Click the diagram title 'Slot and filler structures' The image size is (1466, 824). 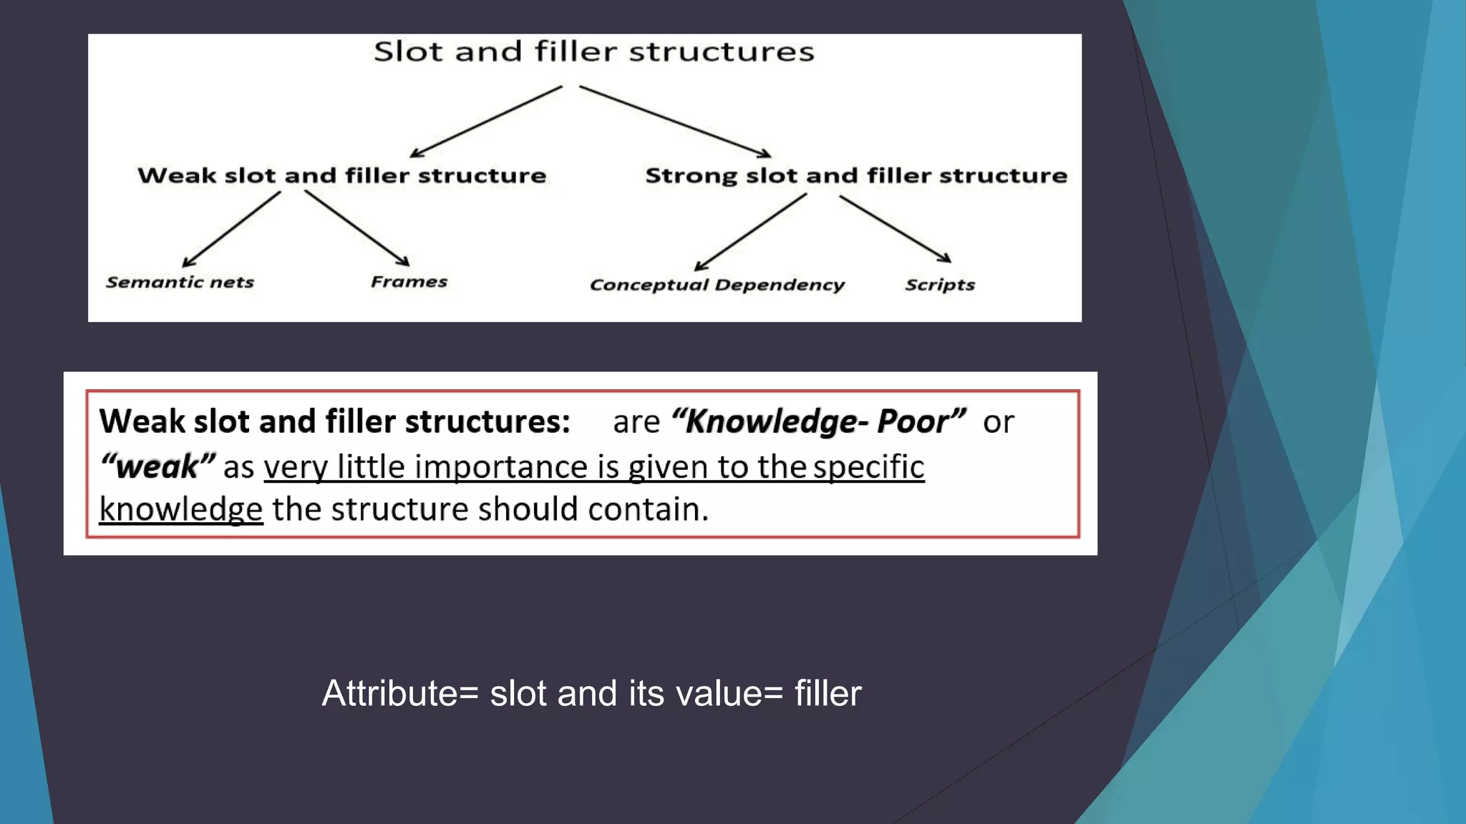tap(593, 51)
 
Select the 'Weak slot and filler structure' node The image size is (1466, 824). tap(341, 175)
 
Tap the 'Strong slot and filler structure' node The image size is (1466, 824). tap(856, 175)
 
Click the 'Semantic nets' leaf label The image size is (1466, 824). tap(180, 283)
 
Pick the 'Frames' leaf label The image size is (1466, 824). tap(409, 282)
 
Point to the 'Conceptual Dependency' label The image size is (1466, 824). tap(717, 285)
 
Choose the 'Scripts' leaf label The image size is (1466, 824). tap(940, 285)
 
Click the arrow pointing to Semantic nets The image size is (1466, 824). tap(230, 230)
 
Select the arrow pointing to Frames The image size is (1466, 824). tap(356, 228)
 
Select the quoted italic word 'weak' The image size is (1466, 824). tap(157, 467)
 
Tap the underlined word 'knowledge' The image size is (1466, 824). tap(180, 509)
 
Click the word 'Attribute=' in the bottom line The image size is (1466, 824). tap(399, 693)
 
